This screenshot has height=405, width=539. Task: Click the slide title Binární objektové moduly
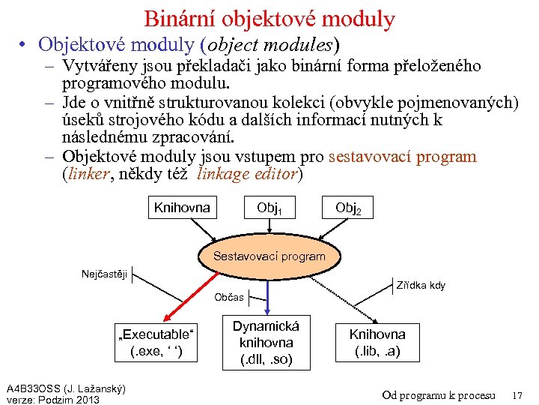[x=269, y=18]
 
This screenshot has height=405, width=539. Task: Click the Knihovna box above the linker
[x=182, y=208]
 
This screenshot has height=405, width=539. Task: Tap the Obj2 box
[x=348, y=208]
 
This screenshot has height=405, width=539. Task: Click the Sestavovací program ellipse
[x=269, y=256]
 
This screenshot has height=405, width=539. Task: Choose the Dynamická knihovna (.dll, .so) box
[x=266, y=343]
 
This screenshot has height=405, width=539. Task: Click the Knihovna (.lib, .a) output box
[x=377, y=343]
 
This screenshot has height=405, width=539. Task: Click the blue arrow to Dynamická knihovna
[x=267, y=296]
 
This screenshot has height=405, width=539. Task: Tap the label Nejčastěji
[x=104, y=274]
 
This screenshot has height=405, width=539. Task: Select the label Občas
[x=228, y=297]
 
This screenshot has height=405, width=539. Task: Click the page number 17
[x=517, y=394]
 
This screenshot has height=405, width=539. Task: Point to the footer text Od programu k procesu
[x=439, y=394]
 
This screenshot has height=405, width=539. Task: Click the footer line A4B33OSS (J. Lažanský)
[x=66, y=388]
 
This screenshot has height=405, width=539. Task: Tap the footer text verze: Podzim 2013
[x=52, y=399]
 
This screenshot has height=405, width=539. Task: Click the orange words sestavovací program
[x=403, y=157]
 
